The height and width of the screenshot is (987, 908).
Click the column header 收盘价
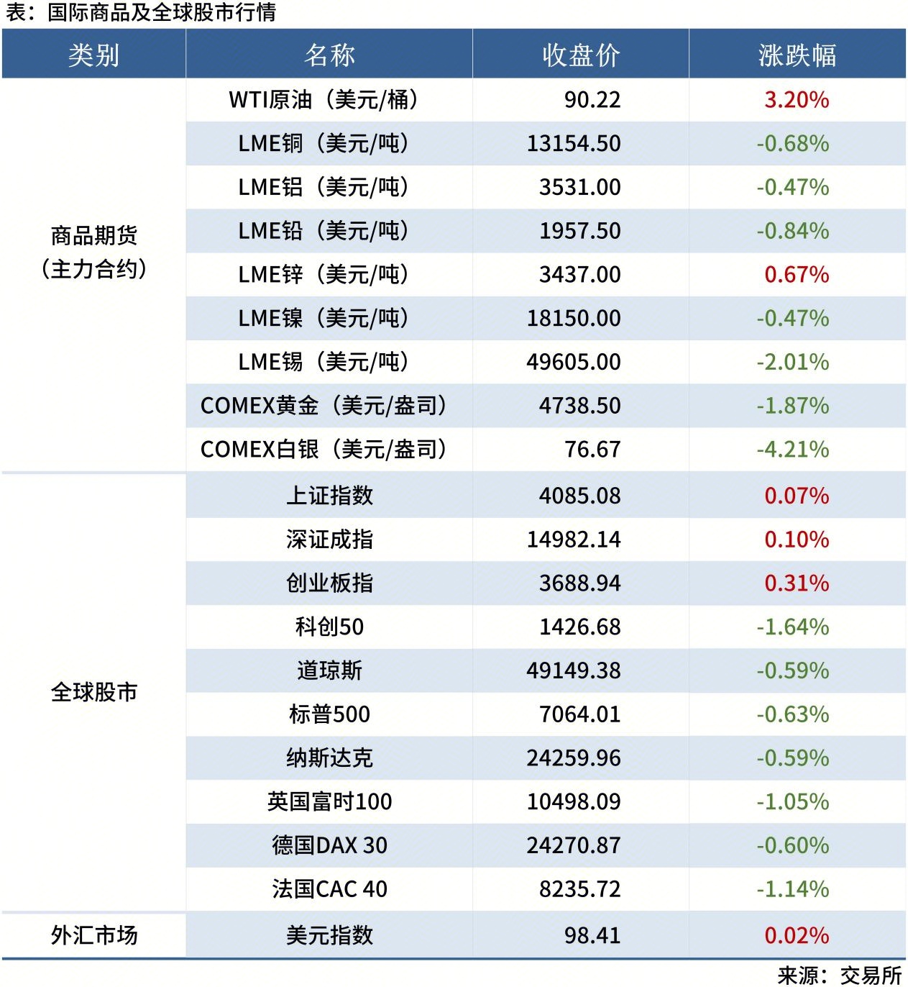pyautogui.click(x=581, y=55)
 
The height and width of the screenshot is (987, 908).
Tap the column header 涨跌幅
pyautogui.click(x=797, y=55)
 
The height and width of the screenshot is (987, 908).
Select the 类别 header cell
pyautogui.click(x=93, y=55)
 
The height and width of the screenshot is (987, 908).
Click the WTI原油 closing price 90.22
pyautogui.click(x=592, y=100)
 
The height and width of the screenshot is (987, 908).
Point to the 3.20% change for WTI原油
pyautogui.click(x=796, y=100)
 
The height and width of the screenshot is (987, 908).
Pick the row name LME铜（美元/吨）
pyautogui.click(x=324, y=144)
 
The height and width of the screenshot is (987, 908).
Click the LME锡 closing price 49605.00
pyautogui.click(x=573, y=362)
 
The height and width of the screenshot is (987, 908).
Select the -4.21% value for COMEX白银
pyautogui.click(x=792, y=450)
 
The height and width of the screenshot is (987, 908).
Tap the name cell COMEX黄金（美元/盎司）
pyautogui.click(x=324, y=406)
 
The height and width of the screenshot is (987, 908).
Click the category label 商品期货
pyautogui.click(x=93, y=236)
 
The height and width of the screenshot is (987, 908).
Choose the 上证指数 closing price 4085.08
pyautogui.click(x=579, y=496)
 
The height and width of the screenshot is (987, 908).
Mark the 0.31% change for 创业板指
pyautogui.click(x=796, y=583)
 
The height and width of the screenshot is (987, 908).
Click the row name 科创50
pyautogui.click(x=329, y=627)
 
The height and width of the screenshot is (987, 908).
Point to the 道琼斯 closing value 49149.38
pyautogui.click(x=573, y=671)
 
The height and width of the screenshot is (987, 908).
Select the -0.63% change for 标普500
pyautogui.click(x=792, y=715)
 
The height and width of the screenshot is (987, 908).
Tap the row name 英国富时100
pyautogui.click(x=329, y=802)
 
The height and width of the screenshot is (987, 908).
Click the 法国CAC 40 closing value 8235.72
pyautogui.click(x=579, y=889)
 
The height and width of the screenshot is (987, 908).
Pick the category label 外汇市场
pyautogui.click(x=93, y=935)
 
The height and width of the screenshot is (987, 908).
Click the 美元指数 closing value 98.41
pyautogui.click(x=592, y=935)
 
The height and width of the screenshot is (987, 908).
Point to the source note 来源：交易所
pyautogui.click(x=839, y=975)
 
